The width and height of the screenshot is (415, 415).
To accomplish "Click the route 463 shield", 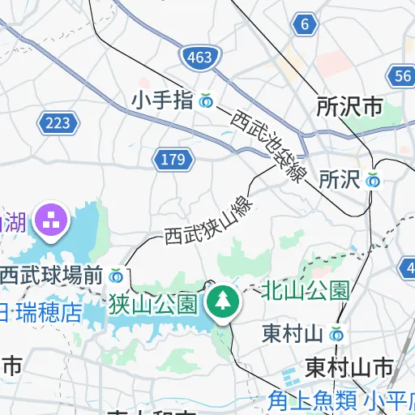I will [x=199, y=58].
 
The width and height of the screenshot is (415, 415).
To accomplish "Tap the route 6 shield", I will [x=305, y=24].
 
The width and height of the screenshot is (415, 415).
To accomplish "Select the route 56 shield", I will [x=402, y=76].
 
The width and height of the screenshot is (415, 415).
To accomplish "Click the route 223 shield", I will [x=58, y=122].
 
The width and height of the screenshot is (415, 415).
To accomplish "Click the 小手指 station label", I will [x=162, y=101].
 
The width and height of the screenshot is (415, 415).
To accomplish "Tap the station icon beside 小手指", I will [x=206, y=101].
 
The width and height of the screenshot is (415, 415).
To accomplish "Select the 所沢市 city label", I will [x=349, y=106].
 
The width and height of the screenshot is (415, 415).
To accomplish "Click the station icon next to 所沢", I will [x=373, y=180].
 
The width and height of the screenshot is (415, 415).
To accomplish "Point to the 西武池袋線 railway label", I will [x=267, y=144].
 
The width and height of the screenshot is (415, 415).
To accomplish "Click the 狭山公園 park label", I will [x=153, y=305].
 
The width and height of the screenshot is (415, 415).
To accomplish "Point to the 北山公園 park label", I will [x=306, y=289].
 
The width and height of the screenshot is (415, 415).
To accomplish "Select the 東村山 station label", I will [x=293, y=333].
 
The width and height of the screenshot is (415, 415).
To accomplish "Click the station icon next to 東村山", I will [x=336, y=333].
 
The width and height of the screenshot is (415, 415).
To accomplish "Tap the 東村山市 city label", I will [x=349, y=367].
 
